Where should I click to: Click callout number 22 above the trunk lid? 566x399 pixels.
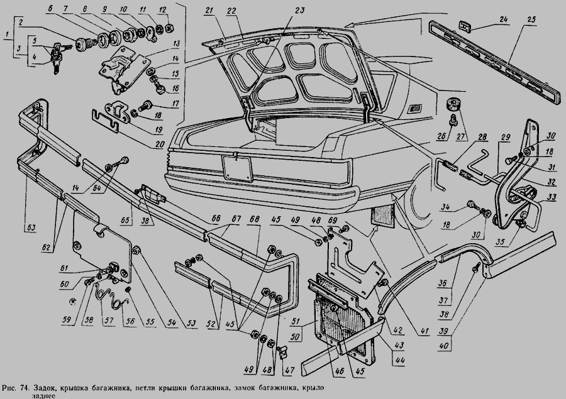(231, 11)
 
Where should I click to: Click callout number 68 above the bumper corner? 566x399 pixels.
(254, 220)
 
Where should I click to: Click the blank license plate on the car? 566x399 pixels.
(236, 167)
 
